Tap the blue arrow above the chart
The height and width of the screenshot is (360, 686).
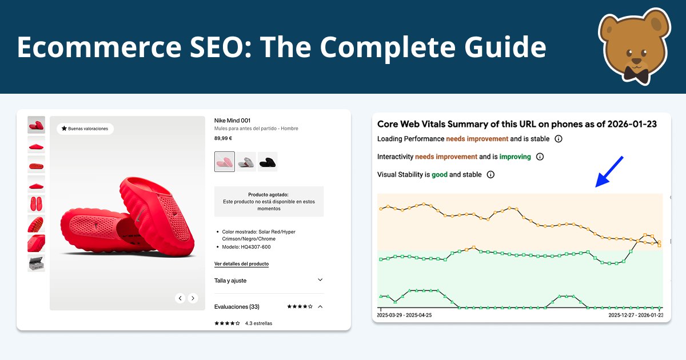(x=609, y=171)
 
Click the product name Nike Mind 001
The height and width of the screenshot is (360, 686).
(x=232, y=121)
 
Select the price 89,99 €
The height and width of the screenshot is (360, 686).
(x=223, y=138)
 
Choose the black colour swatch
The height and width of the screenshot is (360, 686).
(x=268, y=162)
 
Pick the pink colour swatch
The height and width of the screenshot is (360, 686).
(x=225, y=162)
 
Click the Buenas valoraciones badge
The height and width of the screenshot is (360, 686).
(x=85, y=129)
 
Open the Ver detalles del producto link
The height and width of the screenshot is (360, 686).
(x=241, y=264)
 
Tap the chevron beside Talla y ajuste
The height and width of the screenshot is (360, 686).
(x=320, y=280)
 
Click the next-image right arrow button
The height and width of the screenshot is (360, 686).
(x=193, y=298)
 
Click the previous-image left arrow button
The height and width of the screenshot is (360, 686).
(x=180, y=298)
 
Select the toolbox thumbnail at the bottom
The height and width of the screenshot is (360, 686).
(x=36, y=263)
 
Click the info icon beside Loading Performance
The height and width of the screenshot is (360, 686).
(x=559, y=139)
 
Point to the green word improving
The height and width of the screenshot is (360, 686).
(x=515, y=157)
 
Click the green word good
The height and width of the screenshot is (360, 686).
(x=439, y=175)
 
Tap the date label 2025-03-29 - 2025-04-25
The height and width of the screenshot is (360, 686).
(x=404, y=315)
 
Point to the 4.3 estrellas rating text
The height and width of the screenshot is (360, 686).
(x=258, y=323)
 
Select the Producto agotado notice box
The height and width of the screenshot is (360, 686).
(x=269, y=201)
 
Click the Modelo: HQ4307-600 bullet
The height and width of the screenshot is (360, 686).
(x=246, y=247)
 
